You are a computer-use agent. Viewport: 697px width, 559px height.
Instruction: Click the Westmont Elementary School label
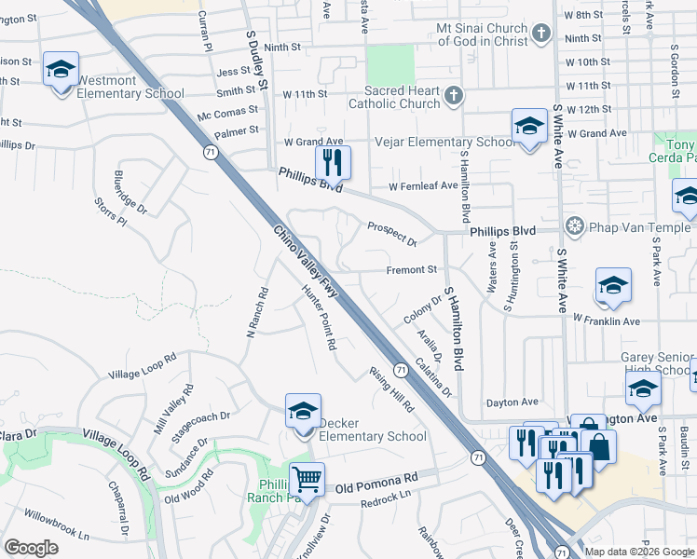click(x=130, y=88)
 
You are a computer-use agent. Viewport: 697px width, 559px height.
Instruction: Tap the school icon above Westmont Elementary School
click(x=61, y=70)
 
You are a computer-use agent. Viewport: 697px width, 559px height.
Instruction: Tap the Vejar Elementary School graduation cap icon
click(x=529, y=126)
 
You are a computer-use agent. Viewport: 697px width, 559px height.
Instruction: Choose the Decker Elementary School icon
click(x=303, y=411)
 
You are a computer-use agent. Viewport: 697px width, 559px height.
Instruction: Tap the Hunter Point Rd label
click(x=319, y=318)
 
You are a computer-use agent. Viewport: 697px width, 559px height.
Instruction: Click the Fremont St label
click(x=413, y=270)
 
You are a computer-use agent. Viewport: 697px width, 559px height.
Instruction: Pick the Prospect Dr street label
click(x=391, y=234)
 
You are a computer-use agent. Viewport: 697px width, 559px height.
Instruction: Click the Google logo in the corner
click(x=31, y=547)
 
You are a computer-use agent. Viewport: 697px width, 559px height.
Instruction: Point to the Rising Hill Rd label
click(x=391, y=389)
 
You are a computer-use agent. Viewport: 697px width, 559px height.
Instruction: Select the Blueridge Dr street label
click(x=130, y=191)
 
